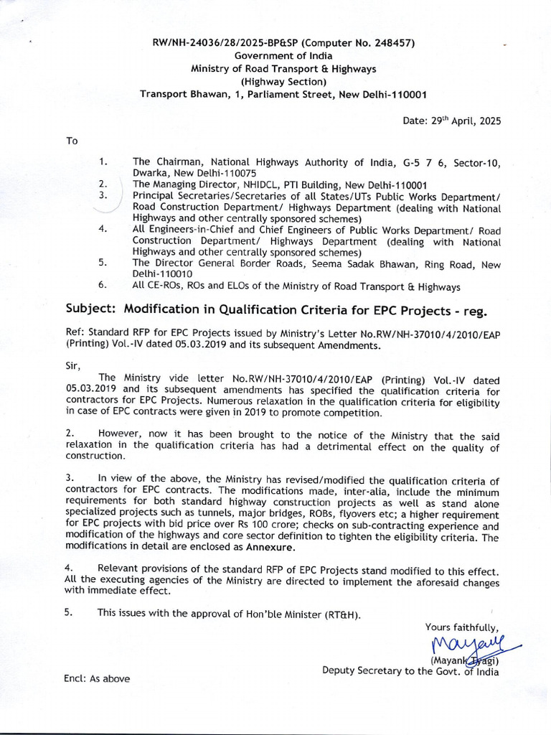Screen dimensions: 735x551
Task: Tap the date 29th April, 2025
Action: [x=452, y=121]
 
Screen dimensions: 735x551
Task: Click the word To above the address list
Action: [x=72, y=141]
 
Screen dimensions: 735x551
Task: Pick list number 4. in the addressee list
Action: [x=103, y=230]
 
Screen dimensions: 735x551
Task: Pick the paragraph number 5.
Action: [x=70, y=613]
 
